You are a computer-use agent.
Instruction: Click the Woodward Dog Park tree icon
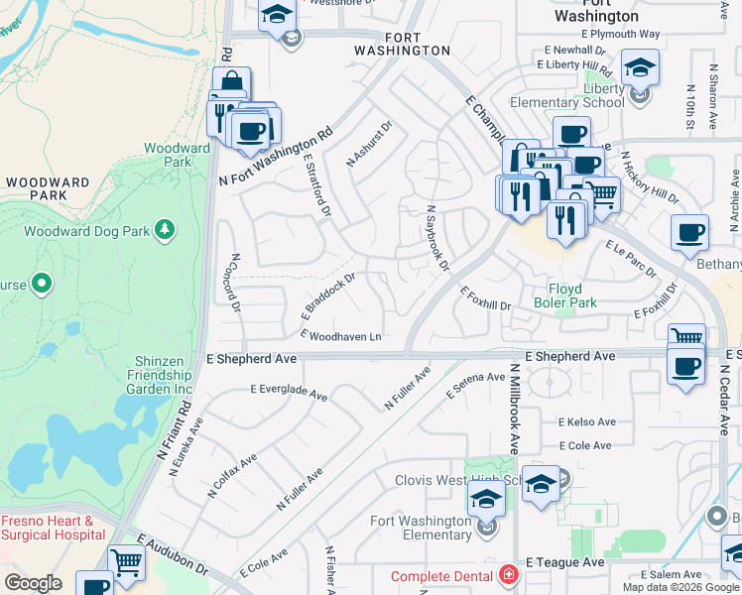[x=165, y=231]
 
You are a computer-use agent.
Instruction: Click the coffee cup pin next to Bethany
[x=689, y=234]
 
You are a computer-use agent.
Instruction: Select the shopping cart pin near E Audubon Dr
[x=127, y=562]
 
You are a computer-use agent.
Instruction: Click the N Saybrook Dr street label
[x=437, y=239]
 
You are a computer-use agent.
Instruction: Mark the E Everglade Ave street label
[x=289, y=393]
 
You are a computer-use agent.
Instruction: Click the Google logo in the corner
[x=33, y=583]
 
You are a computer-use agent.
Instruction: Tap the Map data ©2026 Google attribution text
[x=680, y=587]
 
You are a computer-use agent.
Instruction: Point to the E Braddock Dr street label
[x=327, y=297]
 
